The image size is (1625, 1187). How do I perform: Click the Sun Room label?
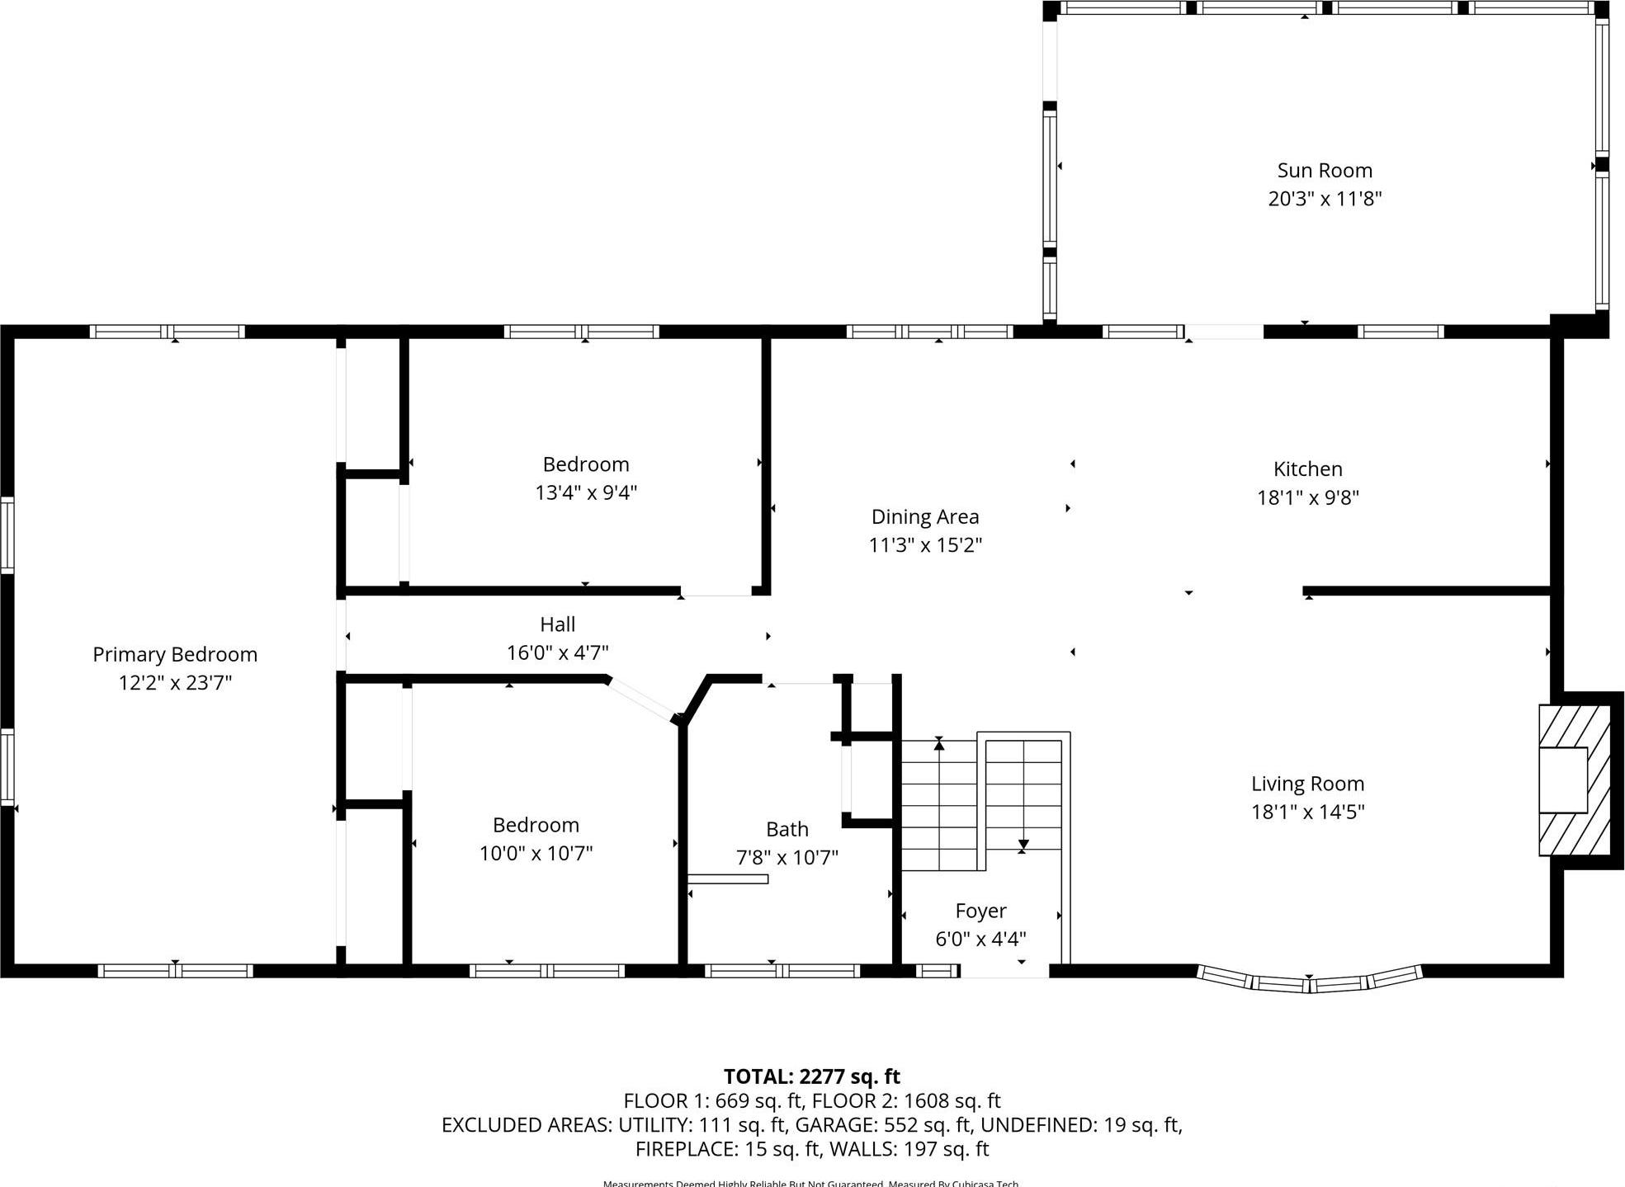[1324, 171]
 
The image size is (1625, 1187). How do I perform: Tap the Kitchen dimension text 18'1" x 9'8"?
[1307, 497]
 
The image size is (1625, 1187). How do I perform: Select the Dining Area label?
[924, 517]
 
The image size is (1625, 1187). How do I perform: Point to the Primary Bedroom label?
[175, 654]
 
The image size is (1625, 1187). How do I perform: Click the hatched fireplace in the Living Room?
[1575, 780]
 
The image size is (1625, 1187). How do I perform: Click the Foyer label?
[980, 911]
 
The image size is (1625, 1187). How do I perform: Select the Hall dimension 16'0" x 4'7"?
[557, 652]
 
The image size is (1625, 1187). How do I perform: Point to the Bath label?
[787, 829]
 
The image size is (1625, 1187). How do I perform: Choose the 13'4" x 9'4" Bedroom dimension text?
[585, 492]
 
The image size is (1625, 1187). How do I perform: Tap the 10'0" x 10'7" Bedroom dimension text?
[536, 853]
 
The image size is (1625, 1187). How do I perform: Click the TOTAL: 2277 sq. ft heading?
[811, 1076]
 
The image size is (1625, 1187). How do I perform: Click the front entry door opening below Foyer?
[1004, 971]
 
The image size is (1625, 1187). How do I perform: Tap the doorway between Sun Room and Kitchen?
[1225, 332]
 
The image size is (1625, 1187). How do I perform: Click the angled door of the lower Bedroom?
[641, 700]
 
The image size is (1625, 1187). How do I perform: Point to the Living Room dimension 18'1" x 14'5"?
[1307, 812]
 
